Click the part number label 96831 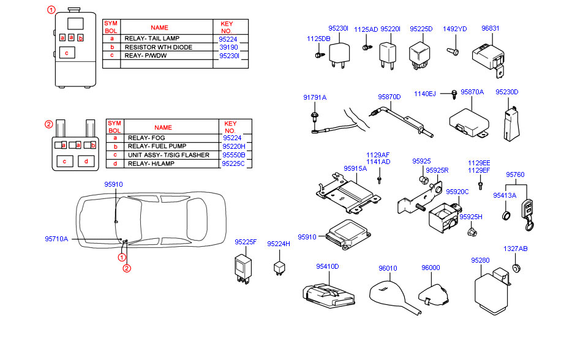[490, 28]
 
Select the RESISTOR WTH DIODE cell [158, 47]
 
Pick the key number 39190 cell [228, 47]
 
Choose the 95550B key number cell [233, 156]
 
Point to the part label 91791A [315, 97]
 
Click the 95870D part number [389, 97]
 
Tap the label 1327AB [516, 249]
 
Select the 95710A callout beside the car [56, 239]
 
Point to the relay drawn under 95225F [243, 268]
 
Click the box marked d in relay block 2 [86, 162]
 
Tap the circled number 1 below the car [122, 258]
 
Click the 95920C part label [457, 192]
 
